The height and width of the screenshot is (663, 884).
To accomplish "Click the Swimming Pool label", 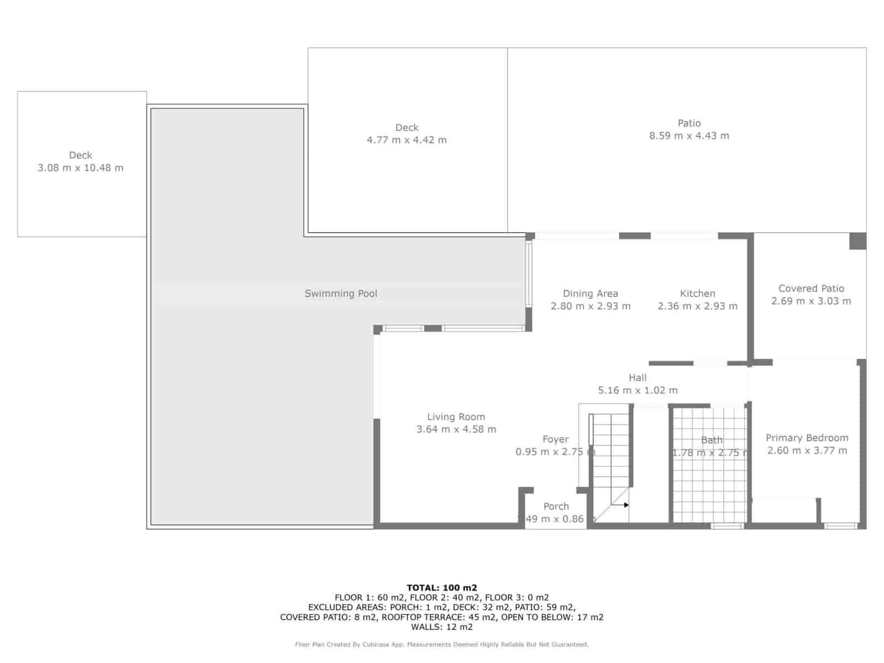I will (x=341, y=293).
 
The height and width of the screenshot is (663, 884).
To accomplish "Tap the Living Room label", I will (x=456, y=417).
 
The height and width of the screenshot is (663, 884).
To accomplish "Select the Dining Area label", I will (x=590, y=293).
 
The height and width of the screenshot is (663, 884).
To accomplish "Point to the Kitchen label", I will (x=697, y=293).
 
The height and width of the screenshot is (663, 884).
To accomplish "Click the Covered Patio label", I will (x=811, y=288).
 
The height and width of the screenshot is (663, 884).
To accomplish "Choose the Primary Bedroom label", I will (x=807, y=438).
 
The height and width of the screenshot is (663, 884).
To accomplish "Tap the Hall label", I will (x=638, y=378).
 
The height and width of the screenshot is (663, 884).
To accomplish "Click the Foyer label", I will (x=555, y=439).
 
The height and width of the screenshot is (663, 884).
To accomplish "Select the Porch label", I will (x=556, y=506).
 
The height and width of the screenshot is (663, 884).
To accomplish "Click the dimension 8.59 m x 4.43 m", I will (x=689, y=136).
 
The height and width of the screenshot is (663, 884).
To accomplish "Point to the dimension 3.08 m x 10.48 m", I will (x=81, y=168).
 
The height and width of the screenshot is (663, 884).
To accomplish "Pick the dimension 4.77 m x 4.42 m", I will (x=407, y=140).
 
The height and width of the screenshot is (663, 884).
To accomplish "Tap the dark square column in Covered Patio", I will (x=857, y=241).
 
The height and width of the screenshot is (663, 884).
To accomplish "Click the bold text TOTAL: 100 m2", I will (x=441, y=588).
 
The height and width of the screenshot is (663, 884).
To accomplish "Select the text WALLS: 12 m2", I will (x=441, y=627).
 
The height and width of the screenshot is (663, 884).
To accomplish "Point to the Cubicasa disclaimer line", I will (x=441, y=644).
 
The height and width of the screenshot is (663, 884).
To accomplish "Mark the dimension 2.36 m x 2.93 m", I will (x=697, y=306).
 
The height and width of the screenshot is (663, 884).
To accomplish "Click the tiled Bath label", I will (x=712, y=440).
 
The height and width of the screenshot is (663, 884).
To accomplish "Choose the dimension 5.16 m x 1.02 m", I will (x=638, y=390).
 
